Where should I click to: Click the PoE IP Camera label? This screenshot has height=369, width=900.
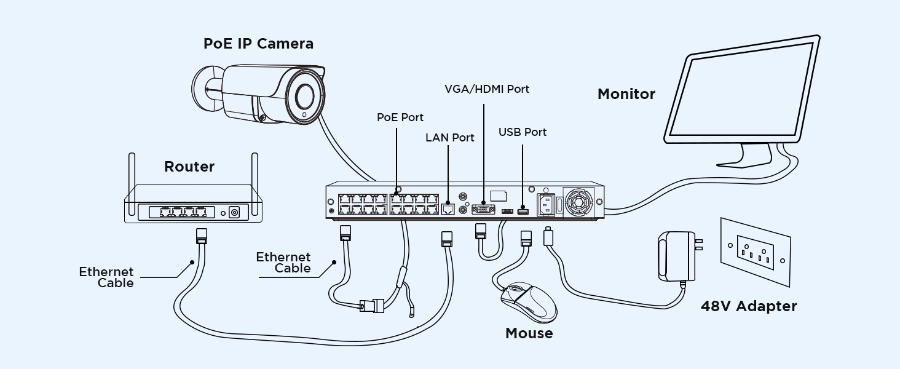pos(258,44)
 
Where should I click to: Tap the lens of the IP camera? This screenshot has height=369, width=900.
pos(306,95)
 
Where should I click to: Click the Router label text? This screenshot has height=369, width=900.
pos(189,167)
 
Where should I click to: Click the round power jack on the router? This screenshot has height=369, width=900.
pos(234,213)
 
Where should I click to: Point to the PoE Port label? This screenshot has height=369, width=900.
pos(400,117)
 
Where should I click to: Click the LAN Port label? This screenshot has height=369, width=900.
pos(450,138)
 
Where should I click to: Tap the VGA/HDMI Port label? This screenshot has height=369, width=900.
pos(487,89)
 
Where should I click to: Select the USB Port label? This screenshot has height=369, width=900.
pos(523,132)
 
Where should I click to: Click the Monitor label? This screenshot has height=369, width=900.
pos(626,94)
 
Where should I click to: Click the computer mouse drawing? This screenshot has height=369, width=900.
pos(527,301)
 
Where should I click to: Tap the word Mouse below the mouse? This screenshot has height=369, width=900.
pos(529,333)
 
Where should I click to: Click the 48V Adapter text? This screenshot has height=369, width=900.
pos(749,306)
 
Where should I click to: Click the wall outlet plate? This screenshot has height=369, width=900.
pos(756,252)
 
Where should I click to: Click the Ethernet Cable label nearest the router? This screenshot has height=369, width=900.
pos(106,277)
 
